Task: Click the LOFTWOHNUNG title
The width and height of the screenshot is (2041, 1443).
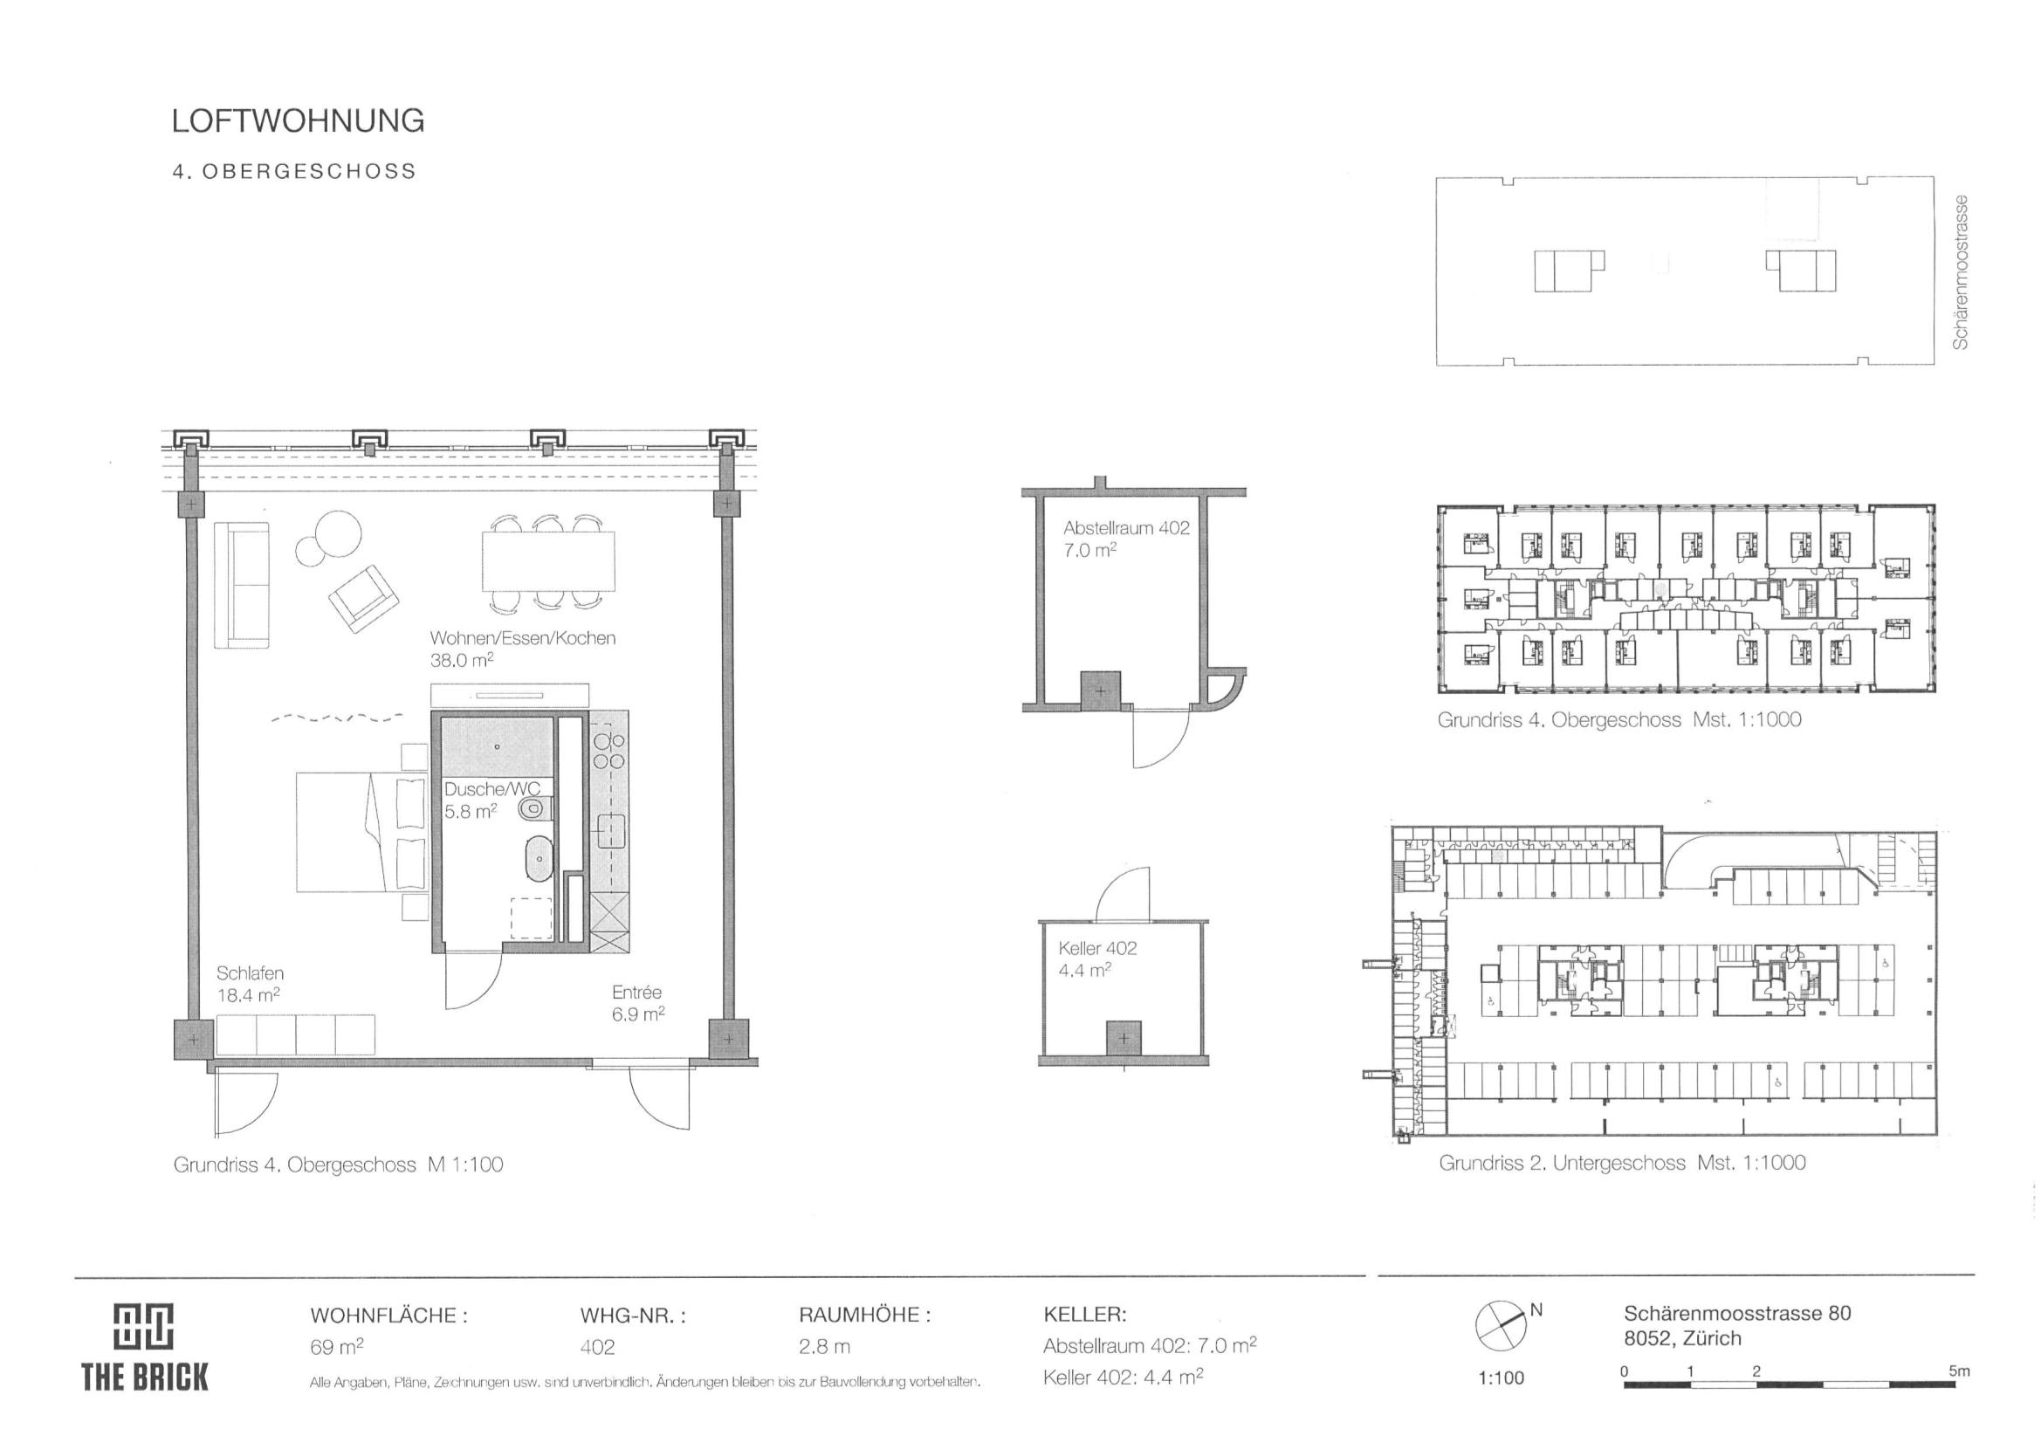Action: [298, 121]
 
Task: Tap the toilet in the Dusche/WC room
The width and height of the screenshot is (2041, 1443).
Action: [536, 808]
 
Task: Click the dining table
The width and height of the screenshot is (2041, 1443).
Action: [548, 561]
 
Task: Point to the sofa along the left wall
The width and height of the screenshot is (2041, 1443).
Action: [242, 585]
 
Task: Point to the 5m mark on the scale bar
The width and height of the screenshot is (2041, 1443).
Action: [1959, 1371]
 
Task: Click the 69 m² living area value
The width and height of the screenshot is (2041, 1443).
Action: [336, 1346]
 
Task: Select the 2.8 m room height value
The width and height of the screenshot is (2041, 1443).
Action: [824, 1346]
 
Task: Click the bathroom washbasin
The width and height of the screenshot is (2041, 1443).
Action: [539, 859]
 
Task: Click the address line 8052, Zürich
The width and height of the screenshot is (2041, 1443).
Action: [1683, 1338]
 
